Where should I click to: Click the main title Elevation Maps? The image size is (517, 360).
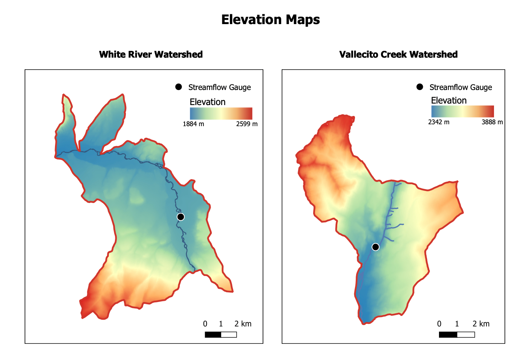click(270, 20)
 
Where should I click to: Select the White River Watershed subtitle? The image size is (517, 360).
click(151, 55)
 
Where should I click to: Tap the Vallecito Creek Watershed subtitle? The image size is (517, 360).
click(398, 55)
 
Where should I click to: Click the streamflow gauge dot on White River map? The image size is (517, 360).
click(180, 217)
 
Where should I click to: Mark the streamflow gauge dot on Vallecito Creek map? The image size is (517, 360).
click(375, 247)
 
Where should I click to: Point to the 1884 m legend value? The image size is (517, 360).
click(193, 124)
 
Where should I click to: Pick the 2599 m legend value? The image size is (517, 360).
click(247, 124)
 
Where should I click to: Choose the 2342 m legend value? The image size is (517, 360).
click(439, 122)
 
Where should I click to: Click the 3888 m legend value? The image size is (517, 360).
click(492, 122)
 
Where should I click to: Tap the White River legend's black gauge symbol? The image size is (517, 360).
click(179, 87)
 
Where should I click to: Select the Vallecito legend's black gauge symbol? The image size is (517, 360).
click(420, 87)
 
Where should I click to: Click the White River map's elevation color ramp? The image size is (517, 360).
click(221, 113)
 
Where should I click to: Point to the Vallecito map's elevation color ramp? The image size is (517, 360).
click(462, 111)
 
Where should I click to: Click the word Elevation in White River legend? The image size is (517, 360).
click(207, 102)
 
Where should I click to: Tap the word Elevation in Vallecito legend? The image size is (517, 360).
click(449, 101)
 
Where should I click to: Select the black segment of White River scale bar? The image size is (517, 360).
click(213, 334)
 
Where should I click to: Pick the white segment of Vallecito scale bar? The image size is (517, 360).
click(466, 334)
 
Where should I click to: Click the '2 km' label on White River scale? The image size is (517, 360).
click(243, 324)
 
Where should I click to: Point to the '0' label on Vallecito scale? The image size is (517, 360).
click(439, 324)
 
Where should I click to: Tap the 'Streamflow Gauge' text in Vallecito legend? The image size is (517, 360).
click(461, 87)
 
